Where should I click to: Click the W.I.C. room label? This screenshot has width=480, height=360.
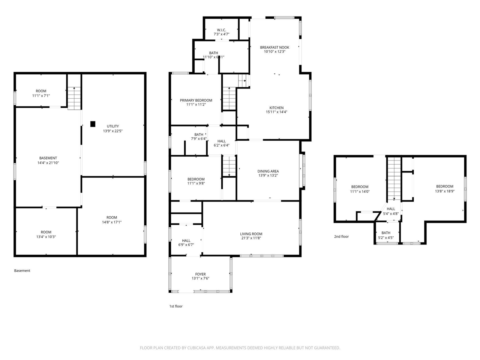pyautogui.click(x=221, y=30)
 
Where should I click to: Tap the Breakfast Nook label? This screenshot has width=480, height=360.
pyautogui.click(x=274, y=48)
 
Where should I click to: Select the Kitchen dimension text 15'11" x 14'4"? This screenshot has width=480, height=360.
pyautogui.click(x=276, y=112)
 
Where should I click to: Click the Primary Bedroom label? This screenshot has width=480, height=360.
pyautogui.click(x=196, y=100)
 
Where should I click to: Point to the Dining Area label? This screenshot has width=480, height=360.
pyautogui.click(x=268, y=171)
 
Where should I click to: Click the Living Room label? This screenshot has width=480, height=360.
pyautogui.click(x=251, y=234)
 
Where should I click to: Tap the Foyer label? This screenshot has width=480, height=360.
pyautogui.click(x=200, y=274)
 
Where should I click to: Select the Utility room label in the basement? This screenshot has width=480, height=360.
pyautogui.click(x=112, y=126)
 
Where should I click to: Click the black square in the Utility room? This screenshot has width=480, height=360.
pyautogui.click(x=93, y=124)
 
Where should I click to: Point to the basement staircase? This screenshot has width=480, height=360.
pyautogui.click(x=74, y=98)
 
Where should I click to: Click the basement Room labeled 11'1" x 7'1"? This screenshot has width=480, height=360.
pyautogui.click(x=41, y=91)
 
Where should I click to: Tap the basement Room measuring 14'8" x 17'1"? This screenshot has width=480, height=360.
pyautogui.click(x=111, y=217)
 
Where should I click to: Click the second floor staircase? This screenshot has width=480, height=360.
pyautogui.click(x=394, y=178)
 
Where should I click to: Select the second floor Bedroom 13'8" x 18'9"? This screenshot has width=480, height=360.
pyautogui.click(x=444, y=186)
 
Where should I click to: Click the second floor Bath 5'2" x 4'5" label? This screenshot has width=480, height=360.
pyautogui.click(x=385, y=233)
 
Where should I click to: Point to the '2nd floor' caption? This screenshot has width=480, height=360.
pyautogui.click(x=341, y=237)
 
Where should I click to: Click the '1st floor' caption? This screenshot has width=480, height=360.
pyautogui.click(x=175, y=306)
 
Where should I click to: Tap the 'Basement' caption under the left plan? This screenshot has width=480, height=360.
pyautogui.click(x=22, y=271)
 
